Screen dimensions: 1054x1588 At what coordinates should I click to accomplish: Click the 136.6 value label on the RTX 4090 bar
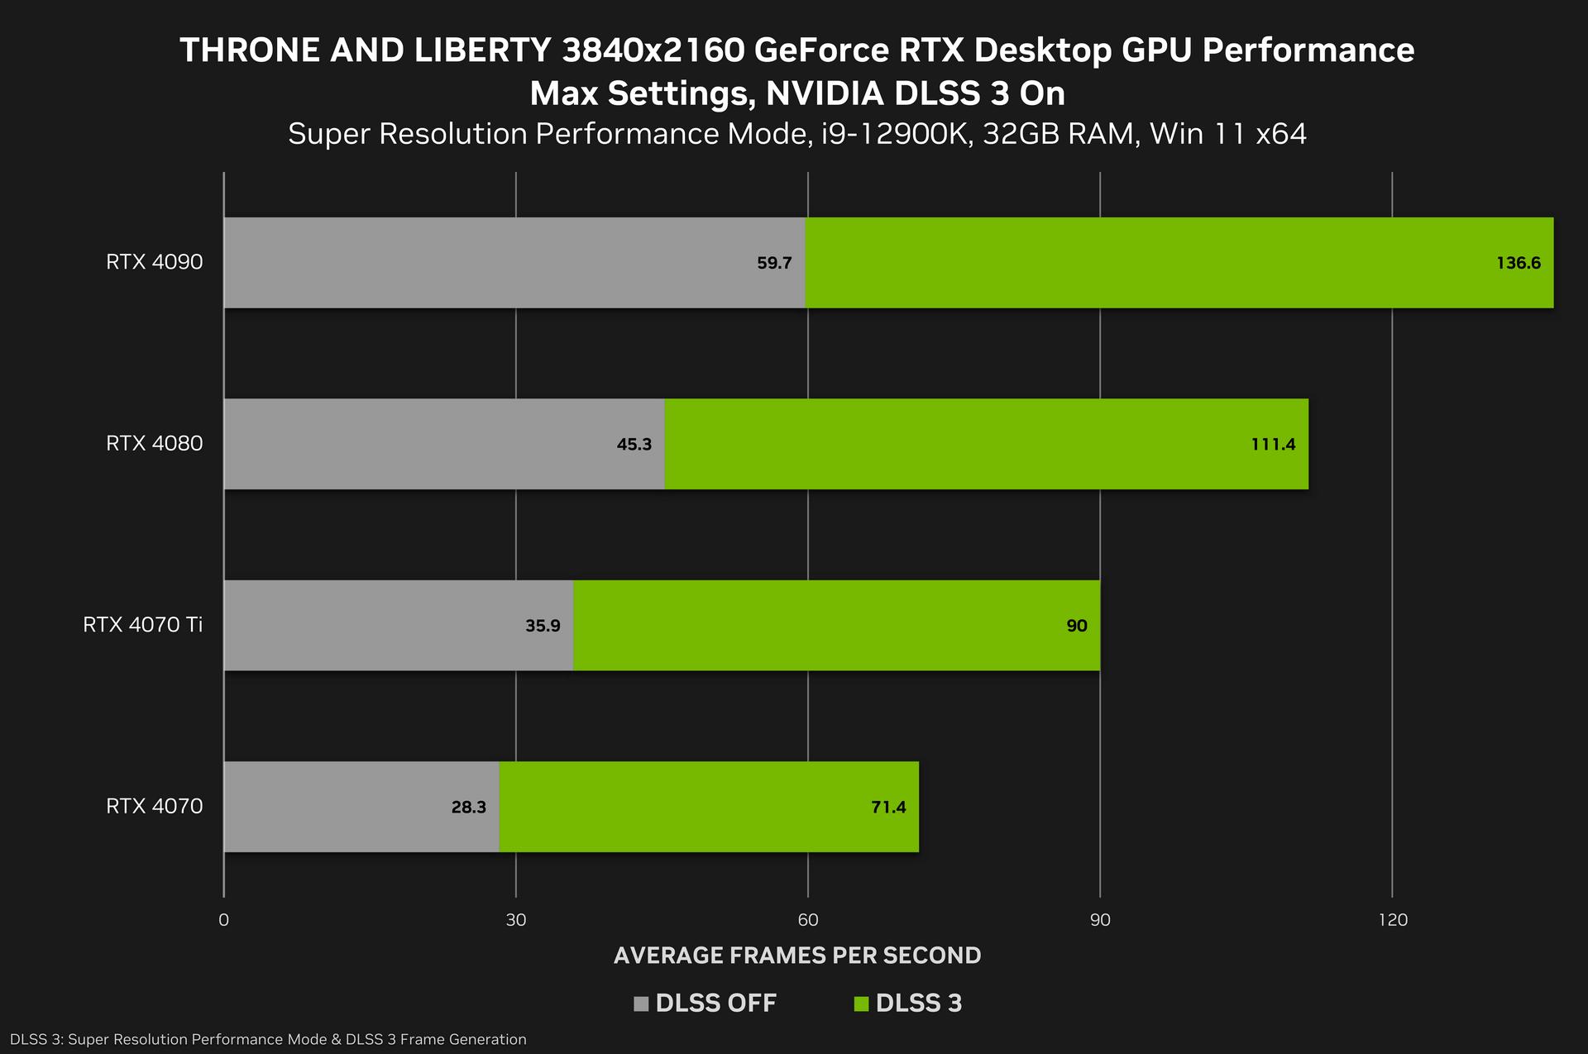[x=1518, y=264]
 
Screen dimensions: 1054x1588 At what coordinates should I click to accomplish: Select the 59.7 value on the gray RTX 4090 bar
[x=774, y=264]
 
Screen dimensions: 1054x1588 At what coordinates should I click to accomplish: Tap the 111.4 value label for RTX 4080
[x=1273, y=445]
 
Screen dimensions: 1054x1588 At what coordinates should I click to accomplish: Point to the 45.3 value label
[x=634, y=445]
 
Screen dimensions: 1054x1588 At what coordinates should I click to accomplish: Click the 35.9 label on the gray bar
[x=543, y=626]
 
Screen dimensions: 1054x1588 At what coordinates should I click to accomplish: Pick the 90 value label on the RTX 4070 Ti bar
[x=1076, y=626]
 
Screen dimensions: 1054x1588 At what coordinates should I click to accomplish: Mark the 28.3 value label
[x=468, y=807]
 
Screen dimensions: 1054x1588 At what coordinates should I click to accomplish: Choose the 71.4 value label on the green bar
[x=888, y=807]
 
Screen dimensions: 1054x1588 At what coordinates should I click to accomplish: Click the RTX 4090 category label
[x=154, y=262]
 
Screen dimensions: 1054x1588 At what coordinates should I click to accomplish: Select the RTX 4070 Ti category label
[x=142, y=624]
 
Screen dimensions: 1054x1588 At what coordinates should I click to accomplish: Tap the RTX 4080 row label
[x=154, y=443]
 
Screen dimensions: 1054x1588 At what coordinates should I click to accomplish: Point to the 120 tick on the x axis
[x=1393, y=920]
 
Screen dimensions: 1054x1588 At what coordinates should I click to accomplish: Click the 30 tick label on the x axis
[x=516, y=920]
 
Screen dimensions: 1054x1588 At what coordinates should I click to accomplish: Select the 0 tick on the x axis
[x=223, y=920]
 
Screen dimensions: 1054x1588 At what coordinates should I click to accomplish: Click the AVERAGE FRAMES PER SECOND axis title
[x=796, y=956]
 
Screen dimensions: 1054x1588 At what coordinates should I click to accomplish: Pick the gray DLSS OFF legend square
[x=641, y=1004]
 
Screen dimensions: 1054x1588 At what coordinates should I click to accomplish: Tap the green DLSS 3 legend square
[x=861, y=1004]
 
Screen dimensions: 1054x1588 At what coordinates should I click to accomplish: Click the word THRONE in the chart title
[x=249, y=50]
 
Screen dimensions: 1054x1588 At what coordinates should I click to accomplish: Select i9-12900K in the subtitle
[x=895, y=134]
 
